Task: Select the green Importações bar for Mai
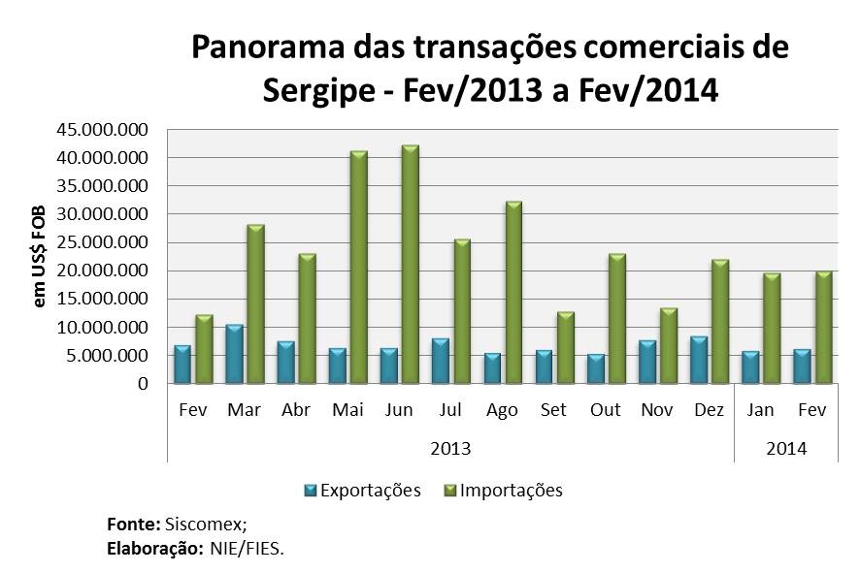[x=359, y=268]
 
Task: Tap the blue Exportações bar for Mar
[x=234, y=355]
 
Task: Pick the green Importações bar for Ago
[x=513, y=293]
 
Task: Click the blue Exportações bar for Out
[x=596, y=369]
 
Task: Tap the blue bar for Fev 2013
[x=182, y=365]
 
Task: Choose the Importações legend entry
[x=504, y=490]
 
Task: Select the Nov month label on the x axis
[x=657, y=410]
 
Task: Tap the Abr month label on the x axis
[x=296, y=410]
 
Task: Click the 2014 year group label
[x=786, y=449]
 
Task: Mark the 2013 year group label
[x=450, y=449]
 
